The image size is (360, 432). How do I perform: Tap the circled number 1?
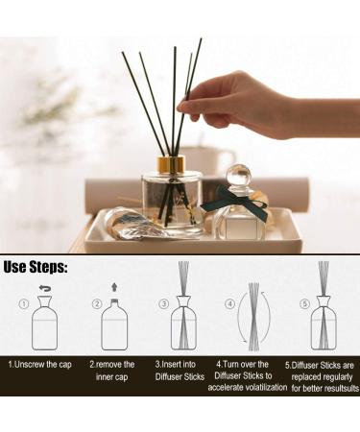click(22, 305)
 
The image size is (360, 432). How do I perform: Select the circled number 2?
click(96, 305)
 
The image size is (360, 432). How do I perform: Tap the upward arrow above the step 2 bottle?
click(115, 286)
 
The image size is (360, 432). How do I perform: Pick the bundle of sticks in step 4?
click(253, 315)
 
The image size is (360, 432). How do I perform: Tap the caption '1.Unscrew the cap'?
click(41, 365)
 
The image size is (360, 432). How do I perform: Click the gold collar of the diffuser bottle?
click(171, 164)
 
